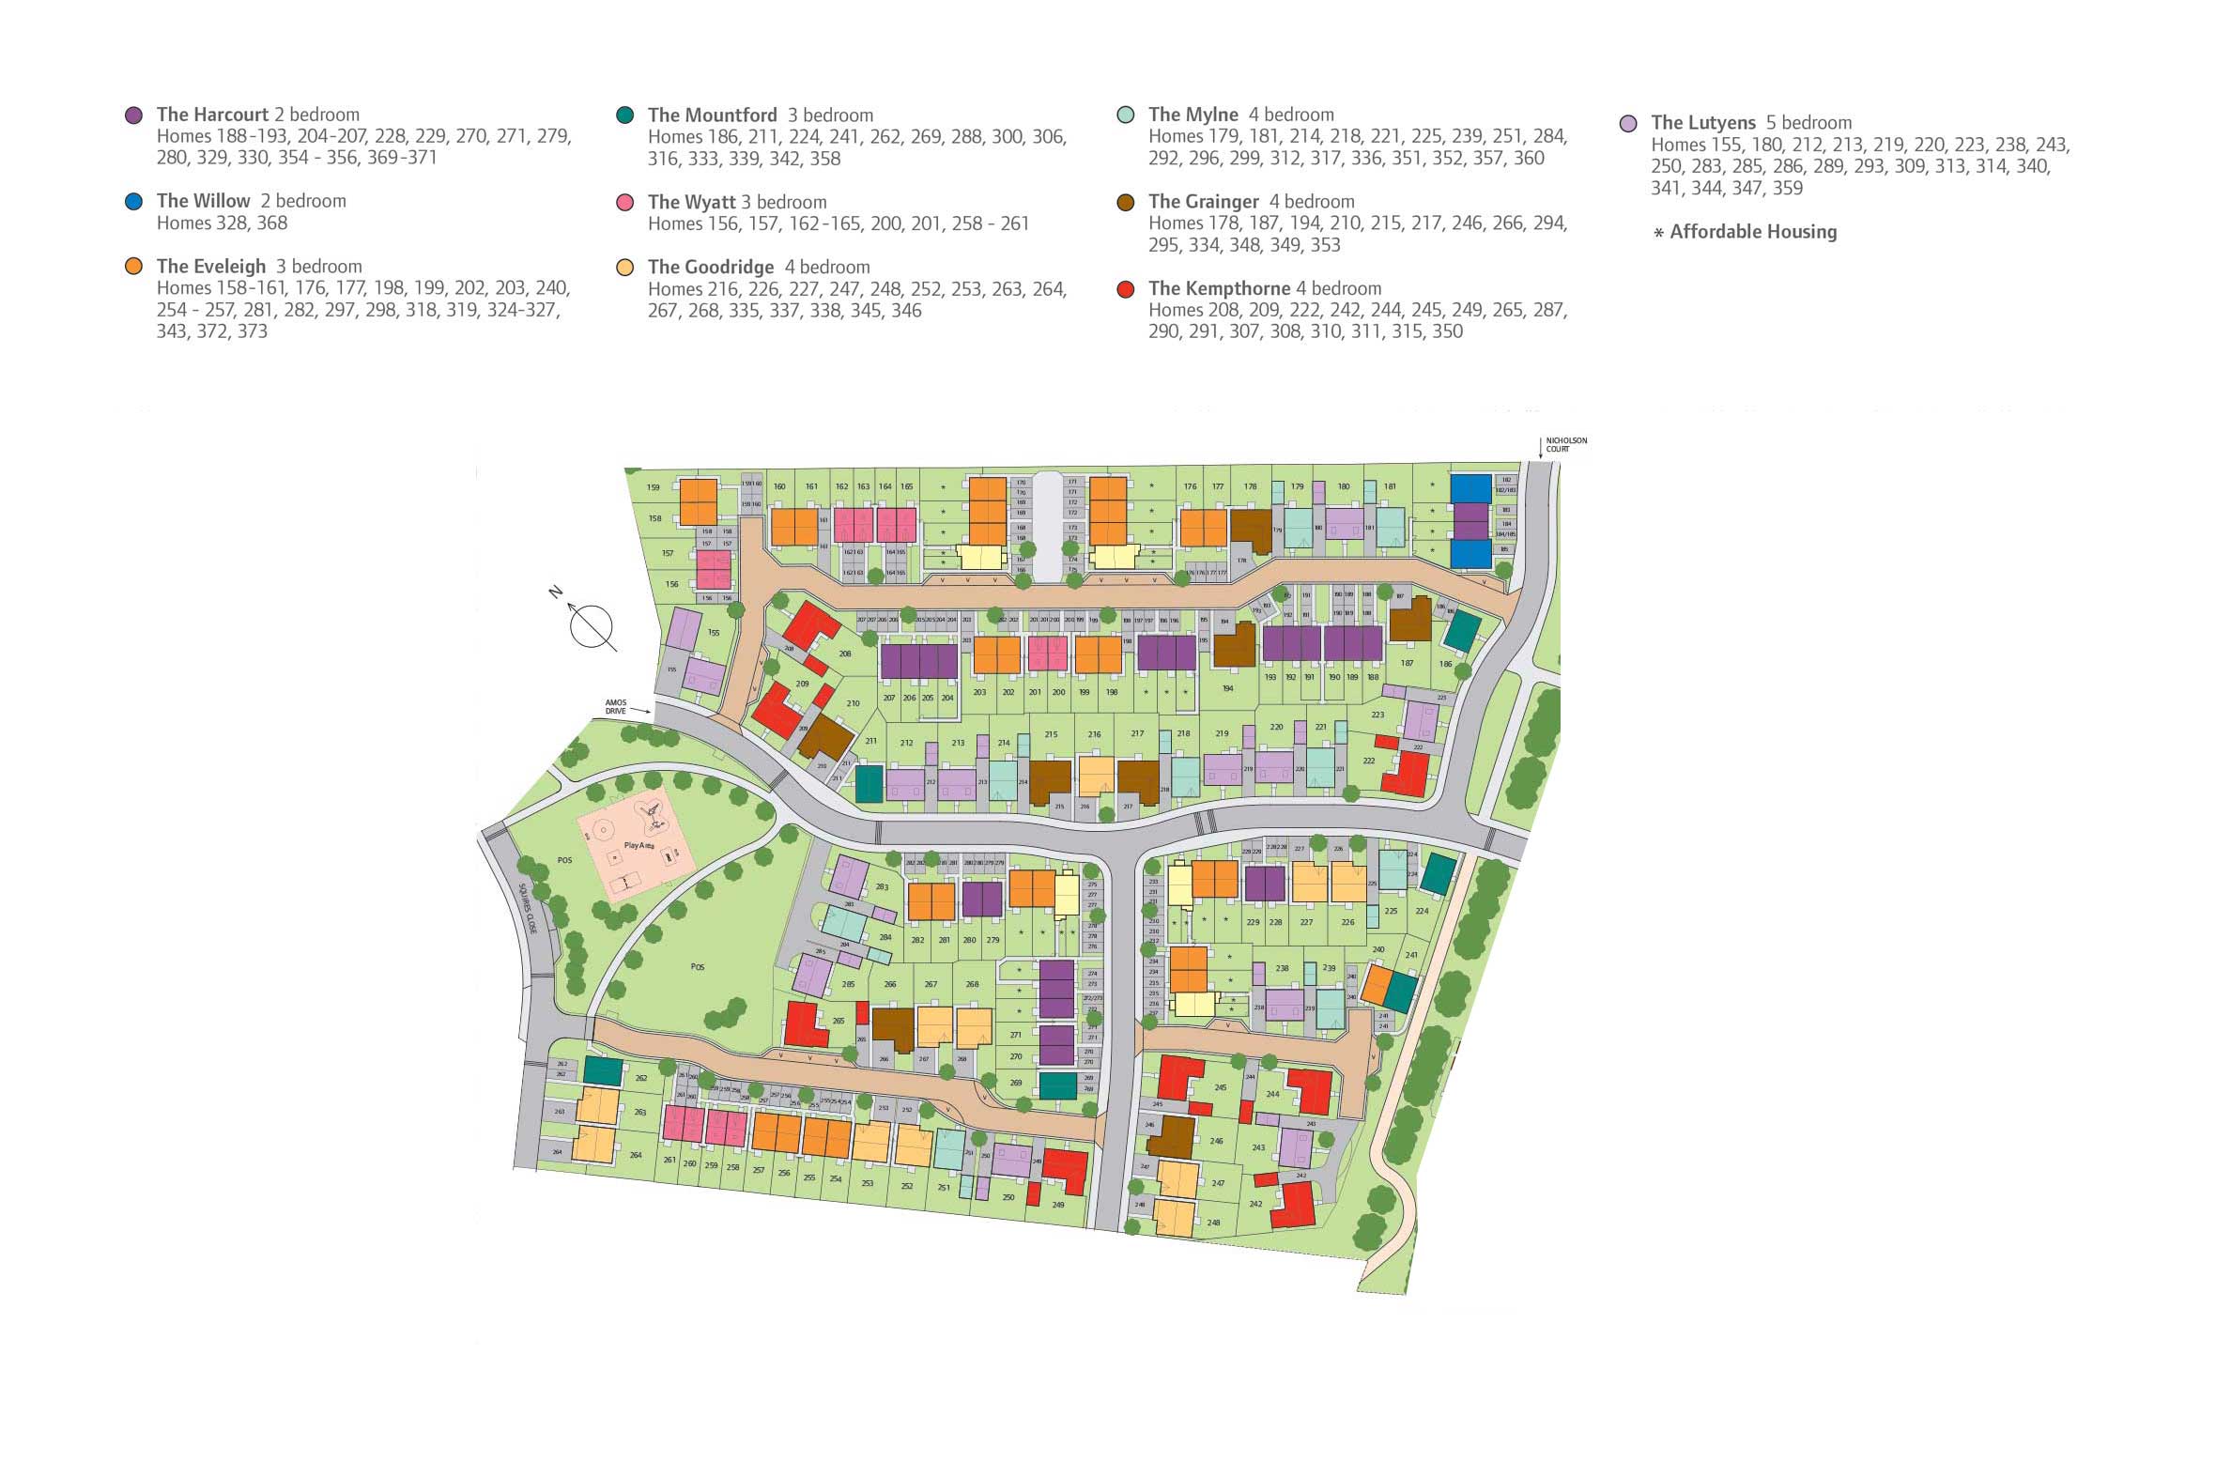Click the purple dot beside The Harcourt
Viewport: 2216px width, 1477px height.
(x=133, y=115)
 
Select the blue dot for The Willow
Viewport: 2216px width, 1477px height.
(x=133, y=202)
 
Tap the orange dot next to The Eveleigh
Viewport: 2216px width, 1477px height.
(x=133, y=267)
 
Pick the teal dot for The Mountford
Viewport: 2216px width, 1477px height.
(x=624, y=115)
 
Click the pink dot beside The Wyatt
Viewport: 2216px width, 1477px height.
(x=624, y=203)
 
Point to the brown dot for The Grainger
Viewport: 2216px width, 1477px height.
(x=1126, y=202)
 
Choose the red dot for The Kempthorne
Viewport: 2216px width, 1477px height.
(x=1126, y=289)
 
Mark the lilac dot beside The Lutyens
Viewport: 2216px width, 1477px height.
(x=1628, y=123)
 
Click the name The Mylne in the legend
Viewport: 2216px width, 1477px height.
(x=1193, y=115)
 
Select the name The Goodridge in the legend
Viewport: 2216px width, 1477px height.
(x=710, y=268)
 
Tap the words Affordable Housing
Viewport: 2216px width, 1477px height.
(x=1753, y=232)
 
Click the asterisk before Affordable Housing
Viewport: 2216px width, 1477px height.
(x=1658, y=234)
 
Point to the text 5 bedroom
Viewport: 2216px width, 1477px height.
(x=1808, y=122)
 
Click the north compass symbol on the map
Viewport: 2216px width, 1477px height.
(x=592, y=625)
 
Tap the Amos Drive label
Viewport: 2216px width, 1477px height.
(x=615, y=706)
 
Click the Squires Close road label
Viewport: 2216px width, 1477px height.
(x=527, y=908)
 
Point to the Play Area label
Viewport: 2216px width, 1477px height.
(x=639, y=846)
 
